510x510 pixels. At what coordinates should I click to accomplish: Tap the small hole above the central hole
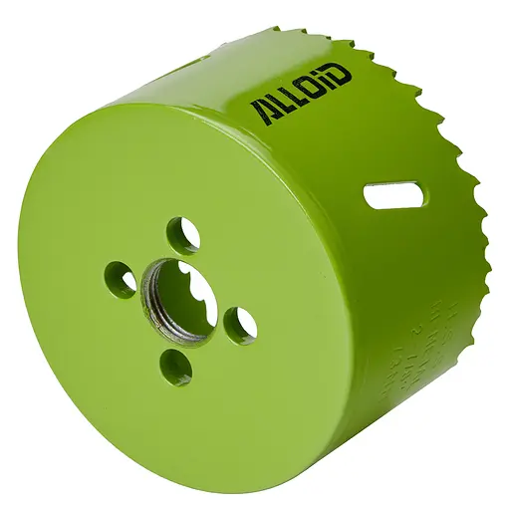pos(183,235)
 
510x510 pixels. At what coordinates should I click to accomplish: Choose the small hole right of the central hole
pos(240,324)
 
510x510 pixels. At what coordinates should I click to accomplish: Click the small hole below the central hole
pos(176,367)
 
